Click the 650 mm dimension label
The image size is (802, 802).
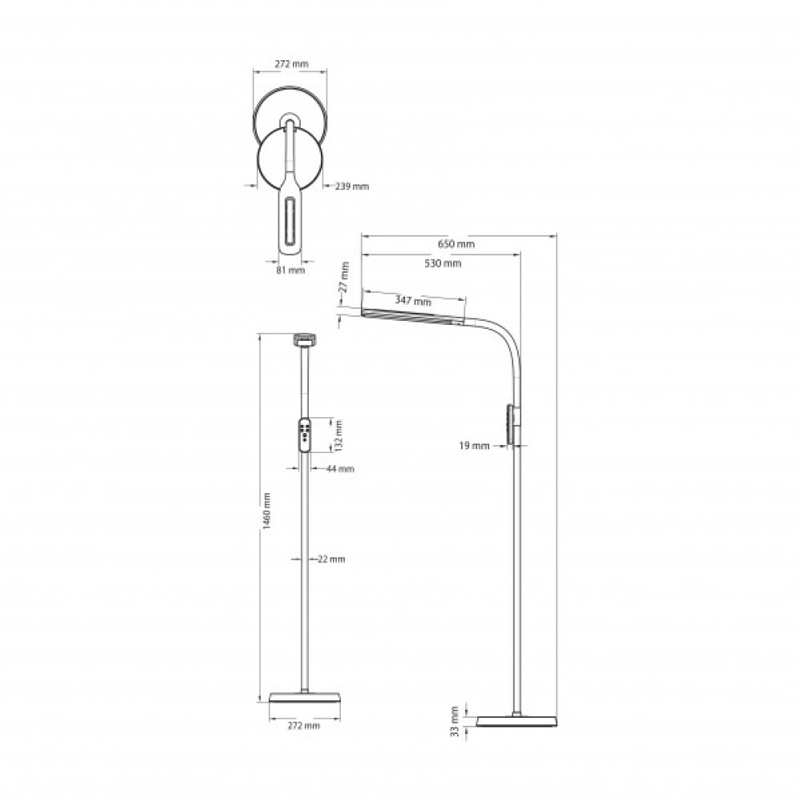pyautogui.click(x=456, y=244)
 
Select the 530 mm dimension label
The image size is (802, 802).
pyautogui.click(x=443, y=263)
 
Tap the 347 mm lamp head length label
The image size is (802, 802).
pyautogui.click(x=413, y=300)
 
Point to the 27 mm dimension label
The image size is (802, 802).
pyautogui.click(x=345, y=277)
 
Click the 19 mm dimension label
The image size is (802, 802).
pyautogui.click(x=474, y=445)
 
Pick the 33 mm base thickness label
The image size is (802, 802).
pyautogui.click(x=455, y=721)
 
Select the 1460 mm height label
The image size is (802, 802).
pyautogui.click(x=266, y=511)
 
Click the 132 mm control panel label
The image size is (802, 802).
pyautogui.click(x=338, y=435)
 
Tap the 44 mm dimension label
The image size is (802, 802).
pyautogui.click(x=339, y=468)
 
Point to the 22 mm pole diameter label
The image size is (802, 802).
pyautogui.click(x=331, y=559)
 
